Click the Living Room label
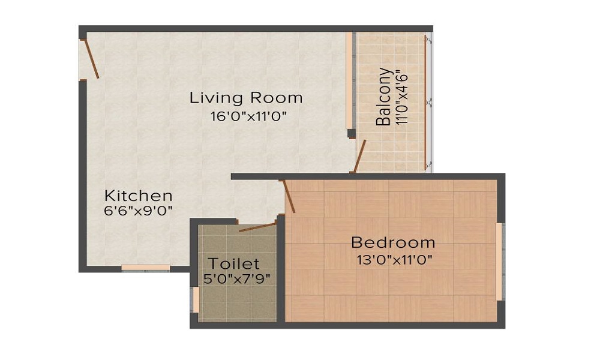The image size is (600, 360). (246, 97)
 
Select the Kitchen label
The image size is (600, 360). (139, 196)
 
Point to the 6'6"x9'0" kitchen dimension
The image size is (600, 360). (139, 211)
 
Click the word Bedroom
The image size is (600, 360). (393, 243)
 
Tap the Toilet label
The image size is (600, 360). (234, 263)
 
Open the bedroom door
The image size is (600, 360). (288, 196)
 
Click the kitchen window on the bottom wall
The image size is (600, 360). (146, 267)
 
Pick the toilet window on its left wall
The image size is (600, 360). (196, 300)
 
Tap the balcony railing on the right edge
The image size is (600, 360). (428, 102)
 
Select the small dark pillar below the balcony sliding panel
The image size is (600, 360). (350, 133)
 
